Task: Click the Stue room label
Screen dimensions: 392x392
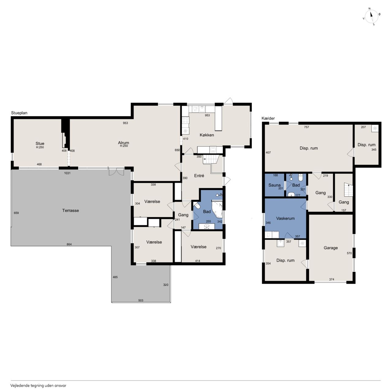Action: (x=40, y=143)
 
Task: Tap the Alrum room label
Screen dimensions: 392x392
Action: (x=123, y=143)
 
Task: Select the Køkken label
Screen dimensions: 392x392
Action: (x=207, y=135)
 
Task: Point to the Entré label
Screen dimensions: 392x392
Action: (x=199, y=176)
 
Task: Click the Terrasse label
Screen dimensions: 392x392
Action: (x=70, y=210)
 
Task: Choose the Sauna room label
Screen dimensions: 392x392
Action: (x=274, y=185)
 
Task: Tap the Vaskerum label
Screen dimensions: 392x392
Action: (x=285, y=218)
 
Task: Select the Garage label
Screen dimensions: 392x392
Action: (x=330, y=248)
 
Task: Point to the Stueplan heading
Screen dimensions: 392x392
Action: (x=19, y=113)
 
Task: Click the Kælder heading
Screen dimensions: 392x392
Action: (x=268, y=118)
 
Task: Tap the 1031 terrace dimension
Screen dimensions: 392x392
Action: (x=67, y=173)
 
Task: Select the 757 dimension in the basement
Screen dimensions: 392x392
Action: (x=306, y=127)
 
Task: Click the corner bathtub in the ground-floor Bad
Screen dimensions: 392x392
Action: (x=217, y=209)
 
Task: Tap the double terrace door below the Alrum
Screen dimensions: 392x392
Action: (x=116, y=171)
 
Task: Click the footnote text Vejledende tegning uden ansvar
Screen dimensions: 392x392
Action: (x=38, y=385)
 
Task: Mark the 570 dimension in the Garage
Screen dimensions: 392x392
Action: (x=349, y=253)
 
